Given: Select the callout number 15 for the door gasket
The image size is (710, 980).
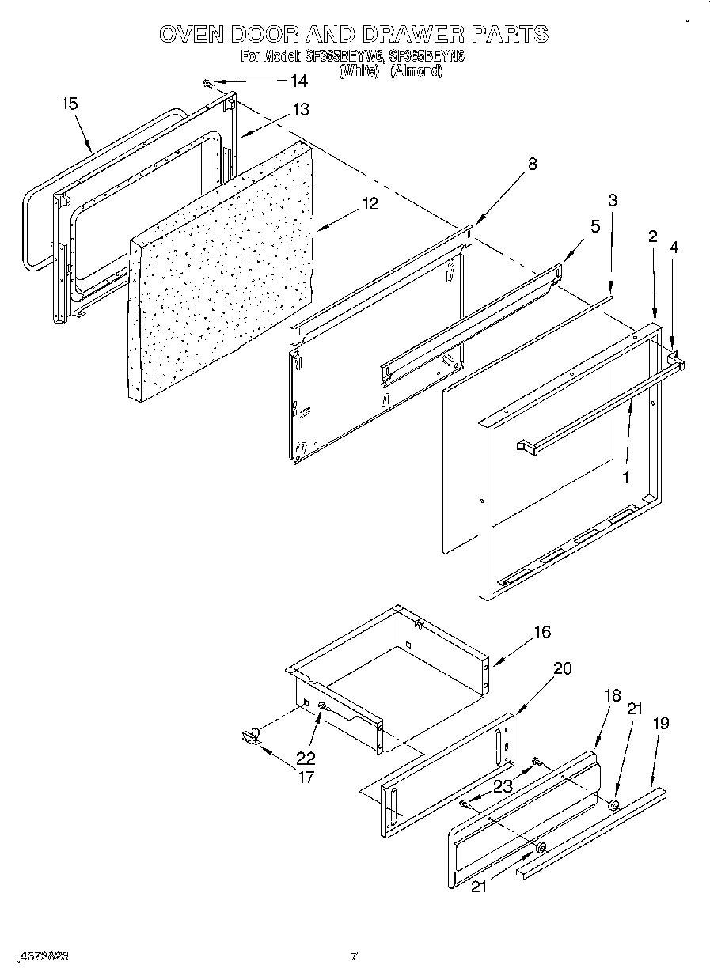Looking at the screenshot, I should point(70,104).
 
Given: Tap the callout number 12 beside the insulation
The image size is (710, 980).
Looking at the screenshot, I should point(369,202).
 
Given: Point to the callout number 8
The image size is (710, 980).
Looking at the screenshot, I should point(532,164).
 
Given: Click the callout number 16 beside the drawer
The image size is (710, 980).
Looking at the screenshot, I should point(542,632).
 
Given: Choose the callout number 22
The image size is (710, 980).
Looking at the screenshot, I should point(306,757).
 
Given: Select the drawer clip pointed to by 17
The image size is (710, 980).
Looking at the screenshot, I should point(252,737).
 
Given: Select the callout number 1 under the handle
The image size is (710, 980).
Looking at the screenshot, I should point(625,477).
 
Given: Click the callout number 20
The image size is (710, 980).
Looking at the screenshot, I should point(562,668).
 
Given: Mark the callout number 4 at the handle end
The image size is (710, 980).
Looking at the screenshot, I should point(674,247).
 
